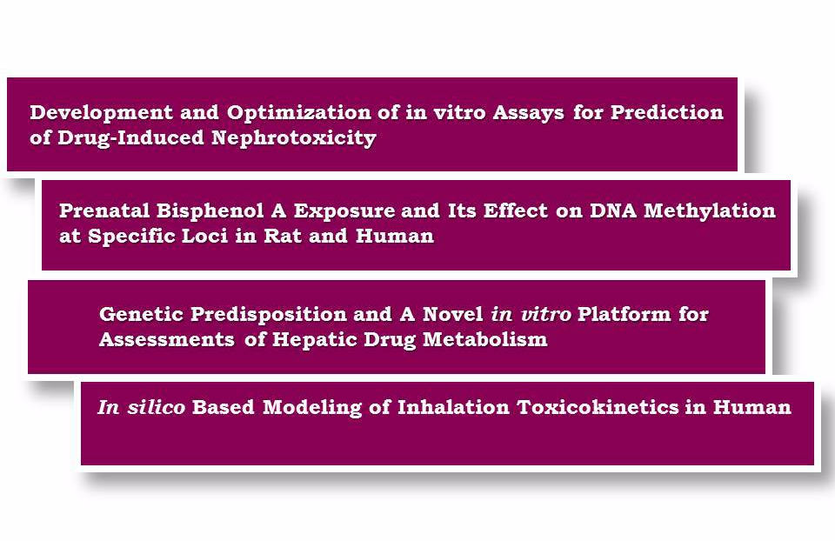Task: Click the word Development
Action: coord(101,113)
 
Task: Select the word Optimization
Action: coord(298,113)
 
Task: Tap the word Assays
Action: coord(528,113)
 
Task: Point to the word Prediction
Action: coord(667,112)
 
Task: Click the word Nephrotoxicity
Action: coord(294,138)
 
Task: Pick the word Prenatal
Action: coord(104,210)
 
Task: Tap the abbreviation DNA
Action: coord(613,210)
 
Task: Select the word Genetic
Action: coord(141,314)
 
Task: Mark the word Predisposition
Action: coord(269,315)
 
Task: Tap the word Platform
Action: coord(625,314)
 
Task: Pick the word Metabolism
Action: coord(485,339)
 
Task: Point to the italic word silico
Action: coord(156,407)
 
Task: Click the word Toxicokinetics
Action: coord(598,407)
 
